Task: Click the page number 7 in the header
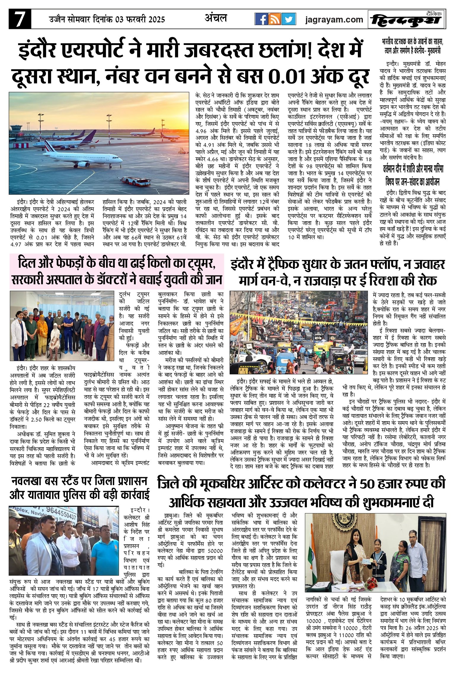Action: [x=20, y=19]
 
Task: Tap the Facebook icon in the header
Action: [x=261, y=19]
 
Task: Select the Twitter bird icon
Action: [x=288, y=19]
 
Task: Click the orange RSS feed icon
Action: [x=275, y=19]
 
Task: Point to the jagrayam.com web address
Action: [x=334, y=20]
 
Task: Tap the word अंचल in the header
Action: [x=216, y=18]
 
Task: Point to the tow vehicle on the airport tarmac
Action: [x=132, y=180]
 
